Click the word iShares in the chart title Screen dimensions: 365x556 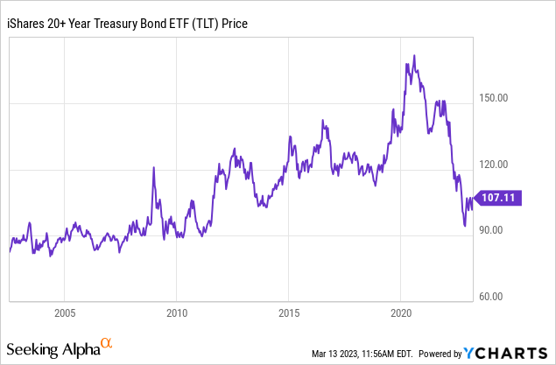(x=29, y=23)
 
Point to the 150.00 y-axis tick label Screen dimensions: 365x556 (x=497, y=98)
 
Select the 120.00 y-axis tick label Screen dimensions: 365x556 (x=497, y=164)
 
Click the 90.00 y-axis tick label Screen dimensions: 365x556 (x=495, y=230)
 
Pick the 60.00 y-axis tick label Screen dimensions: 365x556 (x=495, y=296)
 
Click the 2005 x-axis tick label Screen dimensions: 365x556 (x=65, y=312)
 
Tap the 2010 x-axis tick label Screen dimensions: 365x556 (x=177, y=312)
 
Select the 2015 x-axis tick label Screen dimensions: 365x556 (x=289, y=312)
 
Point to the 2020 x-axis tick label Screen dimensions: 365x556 (x=401, y=312)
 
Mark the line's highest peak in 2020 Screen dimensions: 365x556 (x=412, y=56)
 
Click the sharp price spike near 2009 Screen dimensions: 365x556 (x=154, y=167)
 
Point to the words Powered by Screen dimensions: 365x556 (x=440, y=354)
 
